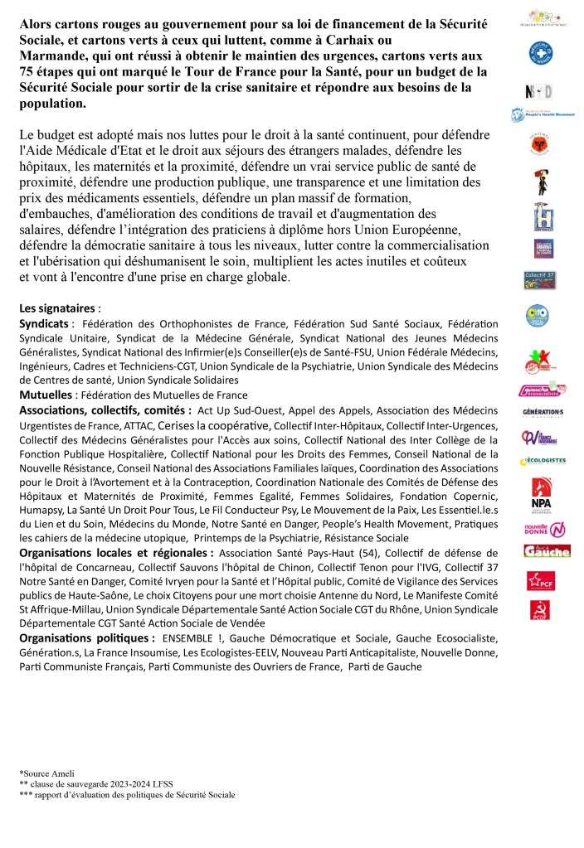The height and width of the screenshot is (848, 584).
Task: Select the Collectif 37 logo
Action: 540,279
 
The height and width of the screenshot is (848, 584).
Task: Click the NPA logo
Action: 541,492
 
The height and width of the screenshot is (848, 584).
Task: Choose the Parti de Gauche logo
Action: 545,550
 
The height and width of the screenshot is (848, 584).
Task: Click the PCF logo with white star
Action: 541,581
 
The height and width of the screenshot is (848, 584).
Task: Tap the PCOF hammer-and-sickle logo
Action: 540,611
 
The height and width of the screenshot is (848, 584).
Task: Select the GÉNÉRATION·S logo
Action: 543,412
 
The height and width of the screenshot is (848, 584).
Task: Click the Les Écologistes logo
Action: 543,461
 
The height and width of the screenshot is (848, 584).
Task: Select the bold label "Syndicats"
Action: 46,323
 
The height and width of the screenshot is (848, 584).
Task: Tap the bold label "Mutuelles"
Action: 46,395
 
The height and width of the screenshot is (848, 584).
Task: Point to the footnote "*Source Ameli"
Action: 44,773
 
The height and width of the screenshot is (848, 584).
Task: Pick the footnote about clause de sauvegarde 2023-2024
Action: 96,783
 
